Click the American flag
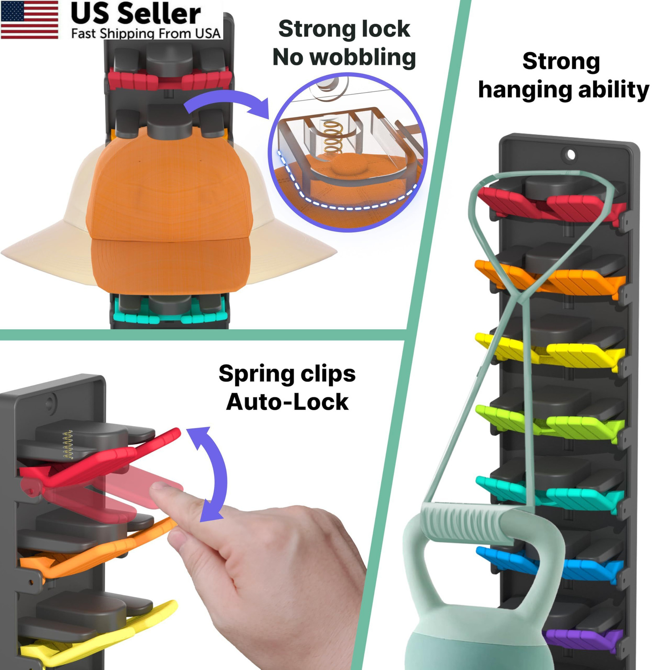click(x=29, y=20)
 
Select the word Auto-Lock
click(x=287, y=402)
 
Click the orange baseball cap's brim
click(x=170, y=264)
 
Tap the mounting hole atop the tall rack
click(x=570, y=155)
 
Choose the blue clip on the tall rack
click(x=549, y=563)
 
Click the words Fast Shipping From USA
click(x=146, y=33)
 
